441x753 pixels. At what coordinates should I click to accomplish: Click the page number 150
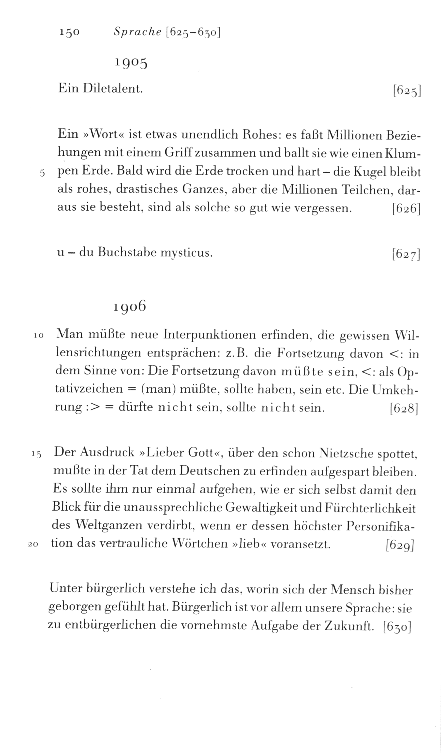(70, 32)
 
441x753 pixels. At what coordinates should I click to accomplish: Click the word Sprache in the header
(137, 32)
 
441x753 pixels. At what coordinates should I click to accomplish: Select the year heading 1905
(131, 63)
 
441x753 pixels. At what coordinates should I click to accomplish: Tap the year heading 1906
(129, 306)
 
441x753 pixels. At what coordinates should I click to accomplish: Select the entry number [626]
(406, 209)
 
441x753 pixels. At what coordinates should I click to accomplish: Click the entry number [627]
(406, 254)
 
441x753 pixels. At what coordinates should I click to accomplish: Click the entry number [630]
(397, 627)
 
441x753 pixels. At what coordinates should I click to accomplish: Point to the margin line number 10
(39, 336)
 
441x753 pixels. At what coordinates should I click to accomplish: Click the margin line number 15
(36, 454)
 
